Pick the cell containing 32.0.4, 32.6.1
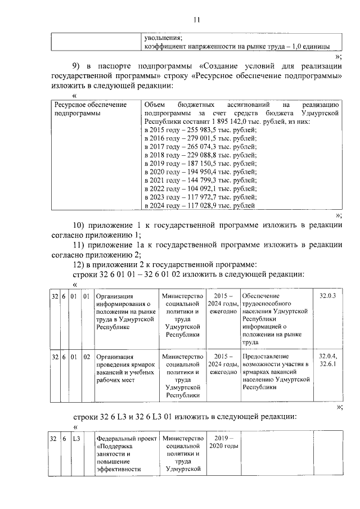click(327, 361)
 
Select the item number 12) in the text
click(82, 264)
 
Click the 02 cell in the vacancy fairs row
click(87, 357)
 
